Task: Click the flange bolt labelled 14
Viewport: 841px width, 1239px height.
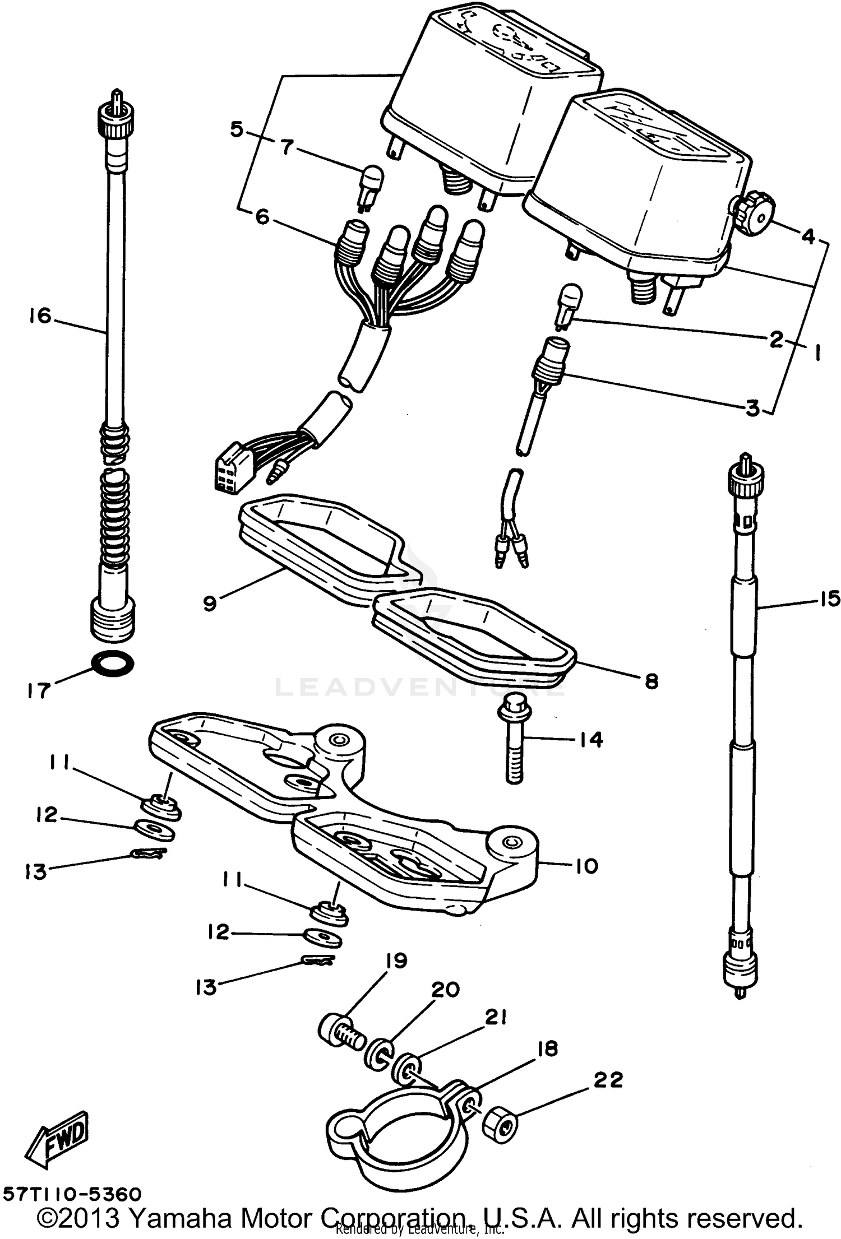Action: pyautogui.click(x=512, y=737)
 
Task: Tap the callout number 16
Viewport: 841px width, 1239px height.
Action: pyautogui.click(x=40, y=316)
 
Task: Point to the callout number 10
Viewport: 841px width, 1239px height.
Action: pyautogui.click(x=586, y=866)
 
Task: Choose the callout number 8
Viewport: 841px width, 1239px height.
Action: pyautogui.click(x=651, y=681)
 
